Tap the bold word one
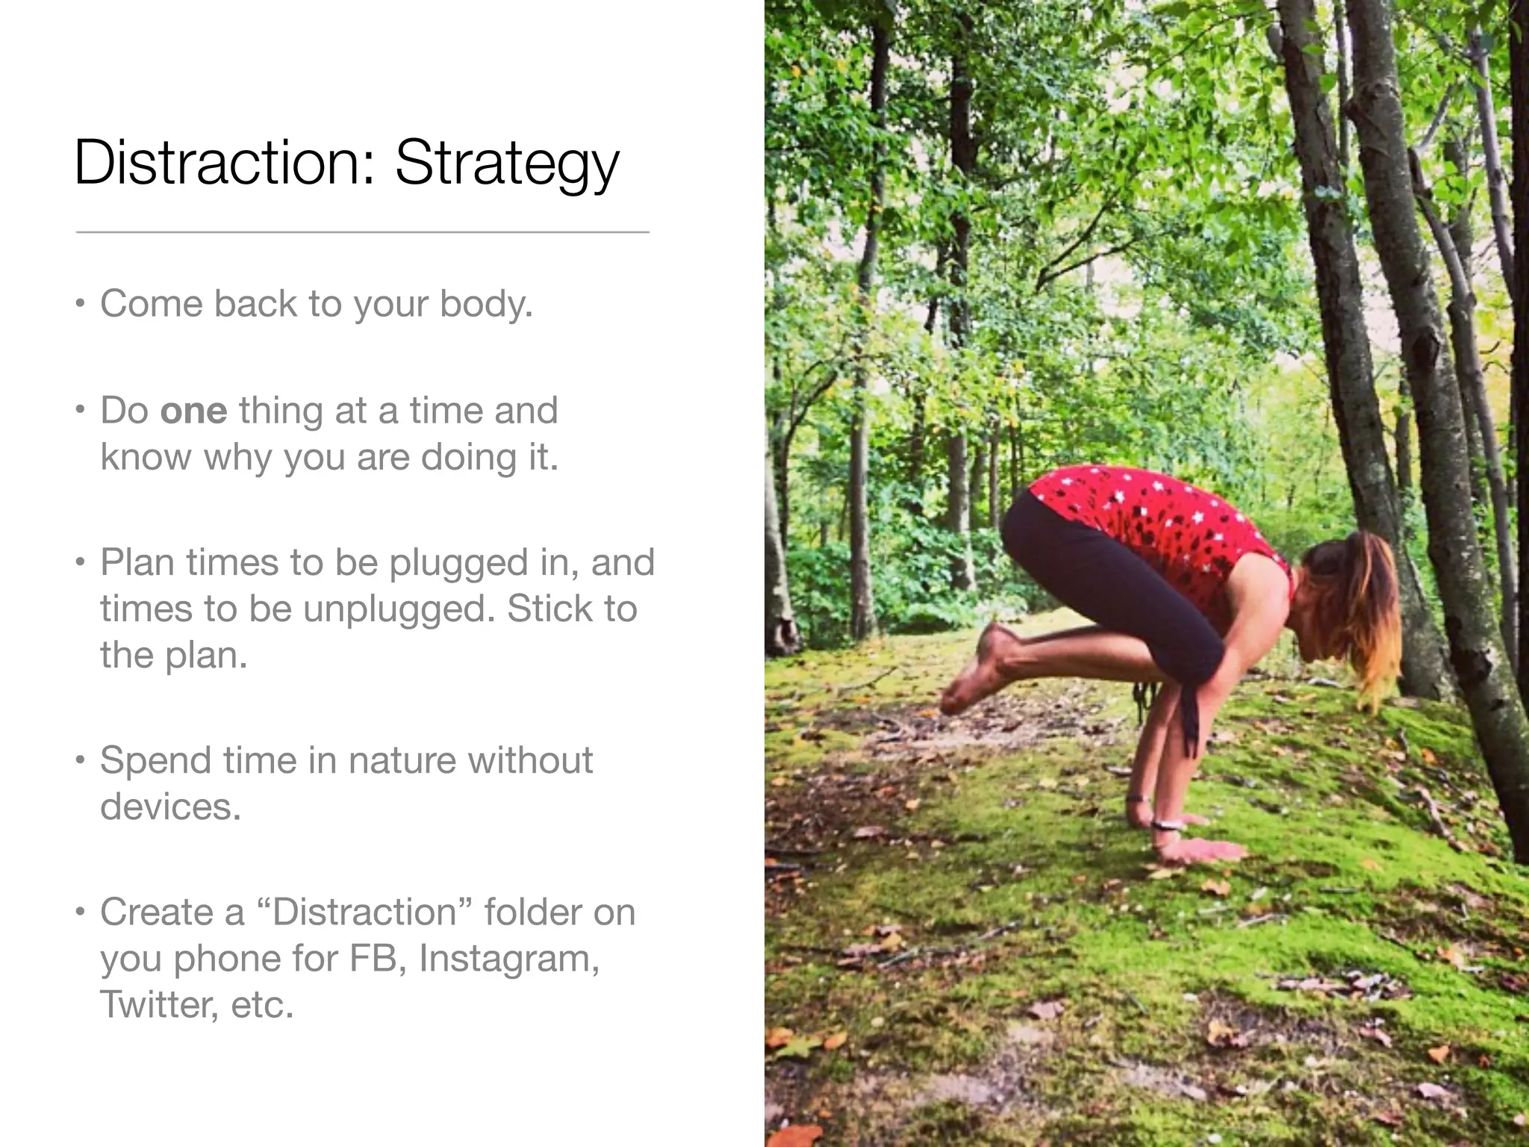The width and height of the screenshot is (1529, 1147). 193,411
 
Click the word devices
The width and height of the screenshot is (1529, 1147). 170,806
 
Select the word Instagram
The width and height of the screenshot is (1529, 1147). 508,958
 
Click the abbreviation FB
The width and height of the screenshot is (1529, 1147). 376,958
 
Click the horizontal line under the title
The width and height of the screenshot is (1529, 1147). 362,232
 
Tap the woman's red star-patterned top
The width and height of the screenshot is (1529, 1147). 1157,523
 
